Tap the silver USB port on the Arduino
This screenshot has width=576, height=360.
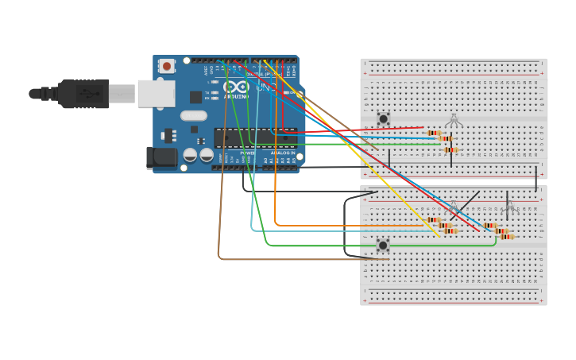tap(156, 93)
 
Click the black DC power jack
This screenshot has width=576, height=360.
tap(162, 157)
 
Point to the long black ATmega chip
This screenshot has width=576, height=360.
tap(255, 137)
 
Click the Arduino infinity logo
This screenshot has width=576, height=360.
tap(235, 87)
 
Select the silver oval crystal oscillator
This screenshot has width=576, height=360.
tap(193, 115)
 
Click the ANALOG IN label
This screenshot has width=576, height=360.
tap(282, 153)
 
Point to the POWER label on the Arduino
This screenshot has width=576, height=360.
tap(248, 153)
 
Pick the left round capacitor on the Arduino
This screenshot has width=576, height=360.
tap(191, 155)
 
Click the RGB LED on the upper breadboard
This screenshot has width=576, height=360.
tap(453, 120)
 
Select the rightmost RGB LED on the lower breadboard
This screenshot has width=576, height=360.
tap(509, 207)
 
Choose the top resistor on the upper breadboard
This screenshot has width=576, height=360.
tap(434, 133)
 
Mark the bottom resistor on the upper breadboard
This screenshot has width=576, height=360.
tap(451, 149)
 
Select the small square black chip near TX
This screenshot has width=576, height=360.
tap(195, 97)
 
